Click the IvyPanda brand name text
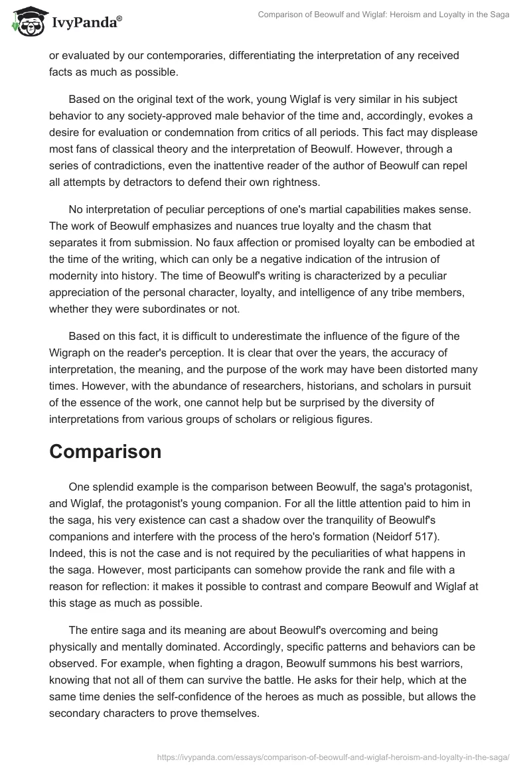point(86,23)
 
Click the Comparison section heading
point(105,451)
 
